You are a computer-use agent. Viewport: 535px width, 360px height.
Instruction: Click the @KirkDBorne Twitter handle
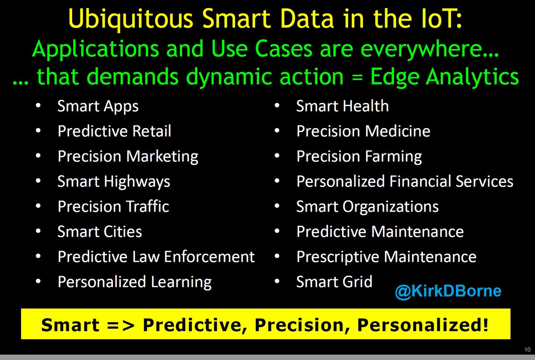pyautogui.click(x=448, y=292)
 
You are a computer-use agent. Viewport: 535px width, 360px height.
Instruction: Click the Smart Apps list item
pyautogui.click(x=98, y=107)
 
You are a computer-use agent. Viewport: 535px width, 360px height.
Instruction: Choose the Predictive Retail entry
pyautogui.click(x=114, y=132)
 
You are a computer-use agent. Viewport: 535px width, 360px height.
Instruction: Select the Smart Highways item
pyautogui.click(x=114, y=182)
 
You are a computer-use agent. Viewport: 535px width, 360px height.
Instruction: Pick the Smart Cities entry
pyautogui.click(x=99, y=232)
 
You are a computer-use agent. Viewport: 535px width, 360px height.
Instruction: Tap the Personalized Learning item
pyautogui.click(x=134, y=282)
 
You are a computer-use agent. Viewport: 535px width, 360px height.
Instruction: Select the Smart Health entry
pyautogui.click(x=342, y=107)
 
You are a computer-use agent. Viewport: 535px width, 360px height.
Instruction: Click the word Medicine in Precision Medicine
pyautogui.click(x=398, y=132)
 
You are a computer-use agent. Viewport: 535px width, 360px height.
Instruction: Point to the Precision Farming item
pyautogui.click(x=359, y=157)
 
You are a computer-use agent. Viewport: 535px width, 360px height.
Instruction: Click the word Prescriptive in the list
pyautogui.click(x=338, y=257)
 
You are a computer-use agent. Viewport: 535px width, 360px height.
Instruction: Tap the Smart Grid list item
pyautogui.click(x=334, y=282)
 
